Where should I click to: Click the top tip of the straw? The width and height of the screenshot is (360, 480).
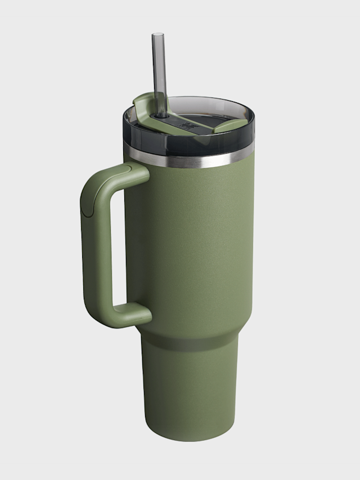[158, 35]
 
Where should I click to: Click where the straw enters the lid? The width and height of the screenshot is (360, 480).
[161, 114]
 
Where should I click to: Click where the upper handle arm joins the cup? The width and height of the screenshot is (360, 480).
[141, 172]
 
